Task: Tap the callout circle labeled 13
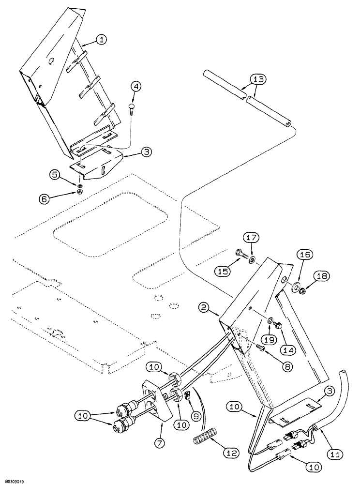(x=258, y=80)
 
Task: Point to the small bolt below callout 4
(x=133, y=109)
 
